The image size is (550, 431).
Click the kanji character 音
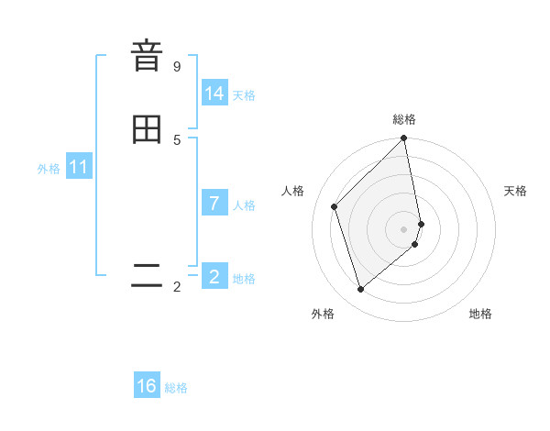(147, 56)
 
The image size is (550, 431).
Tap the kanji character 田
(147, 129)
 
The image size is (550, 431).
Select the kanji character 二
(147, 276)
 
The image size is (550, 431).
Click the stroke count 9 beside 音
(177, 66)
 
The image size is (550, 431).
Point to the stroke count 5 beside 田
(177, 139)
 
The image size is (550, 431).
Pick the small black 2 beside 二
(177, 287)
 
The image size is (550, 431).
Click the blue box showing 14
(214, 94)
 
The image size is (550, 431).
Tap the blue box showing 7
(214, 204)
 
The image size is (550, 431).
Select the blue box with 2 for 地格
(214, 277)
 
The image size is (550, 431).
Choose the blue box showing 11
(78, 168)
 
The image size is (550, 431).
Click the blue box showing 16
(147, 386)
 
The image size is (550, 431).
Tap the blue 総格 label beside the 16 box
(176, 388)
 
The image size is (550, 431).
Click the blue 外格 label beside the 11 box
(49, 169)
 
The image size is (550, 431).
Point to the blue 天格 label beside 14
(244, 95)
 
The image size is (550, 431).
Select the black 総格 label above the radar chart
(404, 119)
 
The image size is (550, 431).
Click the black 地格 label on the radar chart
(480, 315)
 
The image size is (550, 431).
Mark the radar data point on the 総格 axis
(404, 139)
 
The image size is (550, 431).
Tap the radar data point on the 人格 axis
(335, 206)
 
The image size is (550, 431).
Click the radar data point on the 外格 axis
(360, 290)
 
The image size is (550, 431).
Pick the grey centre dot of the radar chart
(404, 228)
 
